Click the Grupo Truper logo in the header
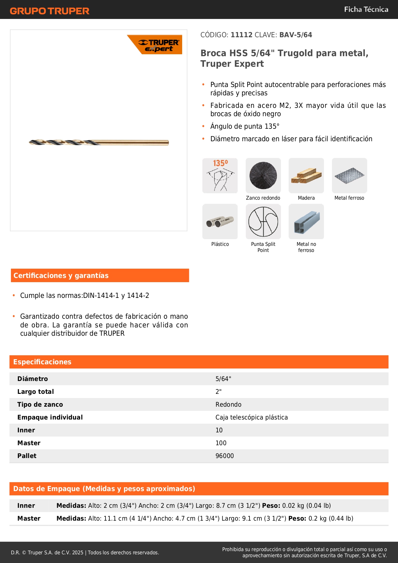click(49, 11)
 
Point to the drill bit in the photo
click(99, 142)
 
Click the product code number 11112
click(241, 35)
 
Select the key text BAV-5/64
click(295, 35)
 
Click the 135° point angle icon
click(220, 176)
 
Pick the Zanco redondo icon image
click(263, 176)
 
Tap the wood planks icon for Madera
click(306, 176)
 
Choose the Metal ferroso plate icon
click(349, 176)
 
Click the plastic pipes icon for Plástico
click(220, 221)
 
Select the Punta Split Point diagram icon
click(263, 221)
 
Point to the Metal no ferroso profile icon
click(306, 221)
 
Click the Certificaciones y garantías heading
click(61, 275)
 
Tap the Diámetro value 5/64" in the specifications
click(223, 379)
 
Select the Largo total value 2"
click(218, 392)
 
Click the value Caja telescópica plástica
click(251, 417)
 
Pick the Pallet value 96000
click(224, 456)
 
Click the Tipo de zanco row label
click(40, 404)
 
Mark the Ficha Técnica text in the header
click(366, 9)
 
